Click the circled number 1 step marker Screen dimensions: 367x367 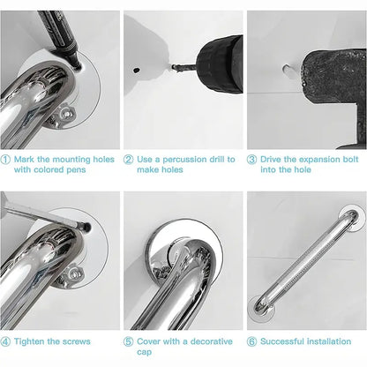(x=6, y=160)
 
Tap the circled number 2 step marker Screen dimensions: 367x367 (x=129, y=160)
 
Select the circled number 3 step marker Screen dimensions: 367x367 (x=252, y=160)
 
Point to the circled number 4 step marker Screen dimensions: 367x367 (x=6, y=340)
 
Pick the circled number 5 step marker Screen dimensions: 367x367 (x=129, y=340)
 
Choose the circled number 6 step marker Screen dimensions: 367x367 (x=252, y=340)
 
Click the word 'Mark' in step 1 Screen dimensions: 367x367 (x=25, y=160)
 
